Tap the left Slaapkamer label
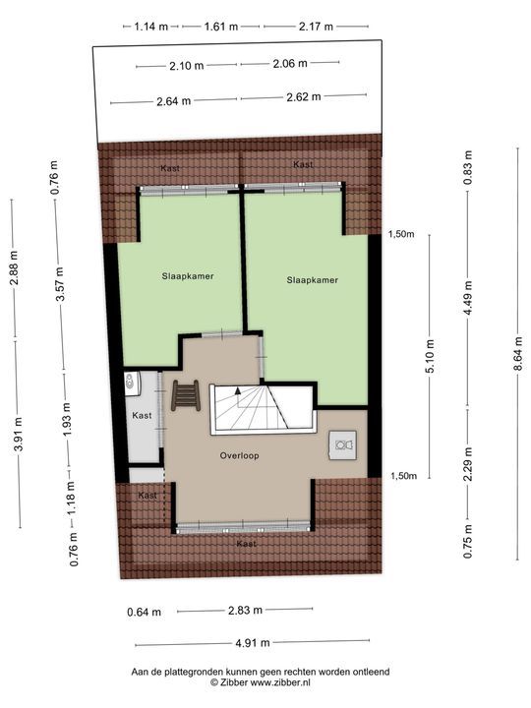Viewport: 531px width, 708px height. tap(188, 276)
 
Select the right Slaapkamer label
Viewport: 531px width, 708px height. tap(312, 280)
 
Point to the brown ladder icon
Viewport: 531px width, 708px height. tap(185, 397)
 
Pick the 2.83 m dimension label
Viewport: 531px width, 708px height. tap(244, 611)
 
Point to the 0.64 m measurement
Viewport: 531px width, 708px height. tap(144, 611)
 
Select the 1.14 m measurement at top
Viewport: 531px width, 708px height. tap(153, 27)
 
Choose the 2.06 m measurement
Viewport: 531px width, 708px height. tap(289, 64)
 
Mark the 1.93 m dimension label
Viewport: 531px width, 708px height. tap(68, 419)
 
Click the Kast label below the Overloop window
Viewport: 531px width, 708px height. tap(246, 543)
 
